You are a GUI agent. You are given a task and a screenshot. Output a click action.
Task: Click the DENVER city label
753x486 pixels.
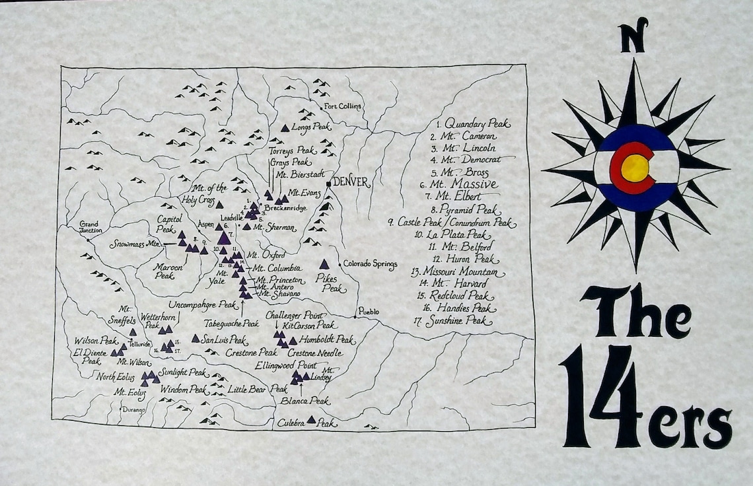[x=351, y=182]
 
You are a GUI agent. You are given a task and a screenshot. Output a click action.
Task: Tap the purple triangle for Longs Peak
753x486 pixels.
[x=285, y=127]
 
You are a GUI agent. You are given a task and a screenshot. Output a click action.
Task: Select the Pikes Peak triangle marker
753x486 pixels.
[x=324, y=264]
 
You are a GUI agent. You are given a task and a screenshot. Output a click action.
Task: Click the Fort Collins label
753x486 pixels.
[x=343, y=106]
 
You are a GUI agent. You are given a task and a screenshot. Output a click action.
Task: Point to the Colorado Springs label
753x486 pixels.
[x=370, y=265]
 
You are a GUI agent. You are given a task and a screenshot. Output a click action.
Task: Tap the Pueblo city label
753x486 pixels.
[x=369, y=311]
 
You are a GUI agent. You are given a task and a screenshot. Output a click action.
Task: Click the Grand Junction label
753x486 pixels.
[x=90, y=227]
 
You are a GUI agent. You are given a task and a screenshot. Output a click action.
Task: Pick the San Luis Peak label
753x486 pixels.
[x=225, y=340]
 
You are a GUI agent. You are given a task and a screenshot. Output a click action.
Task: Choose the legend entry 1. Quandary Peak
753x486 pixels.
[x=473, y=123]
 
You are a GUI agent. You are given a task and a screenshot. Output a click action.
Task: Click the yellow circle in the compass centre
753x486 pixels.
[x=635, y=168]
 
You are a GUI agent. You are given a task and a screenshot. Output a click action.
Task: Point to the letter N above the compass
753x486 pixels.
[x=633, y=38]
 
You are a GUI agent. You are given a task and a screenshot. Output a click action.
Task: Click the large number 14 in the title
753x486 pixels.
[x=600, y=396]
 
